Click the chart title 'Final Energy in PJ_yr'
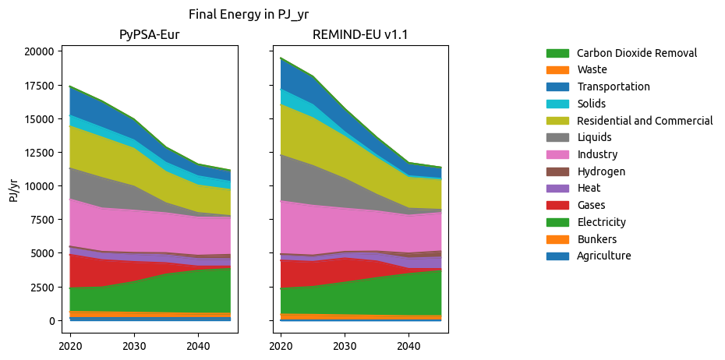tap(254, 14)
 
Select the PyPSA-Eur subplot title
tap(149, 35)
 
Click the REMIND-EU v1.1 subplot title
tap(360, 35)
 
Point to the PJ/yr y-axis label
tap(14, 186)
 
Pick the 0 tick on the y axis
tap(51, 321)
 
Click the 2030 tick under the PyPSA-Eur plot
tap(134, 345)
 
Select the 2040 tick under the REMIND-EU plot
tap(408, 345)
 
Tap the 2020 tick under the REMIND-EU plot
tap(281, 345)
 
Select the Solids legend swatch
tap(557, 104)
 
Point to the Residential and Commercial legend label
tap(645, 121)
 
